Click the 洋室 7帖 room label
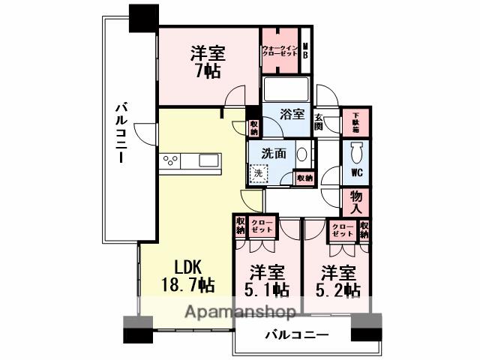pos(208,62)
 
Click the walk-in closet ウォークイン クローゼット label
pos(279,52)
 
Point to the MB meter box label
pos(305,52)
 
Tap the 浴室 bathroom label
pos(292,115)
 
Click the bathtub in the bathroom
pos(286,89)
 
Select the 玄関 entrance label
pos(319,121)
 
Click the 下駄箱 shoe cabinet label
pos(355,121)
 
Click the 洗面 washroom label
pos(272,152)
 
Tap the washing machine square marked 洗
pos(258,172)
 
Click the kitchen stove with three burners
pos(170,160)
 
